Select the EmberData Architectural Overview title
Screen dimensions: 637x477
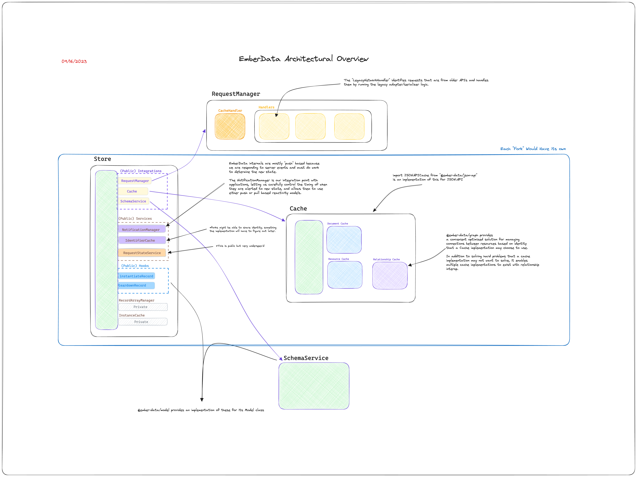[x=303, y=59]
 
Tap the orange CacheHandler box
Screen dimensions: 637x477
[x=230, y=126]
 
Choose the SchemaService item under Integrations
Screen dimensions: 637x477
[x=133, y=201]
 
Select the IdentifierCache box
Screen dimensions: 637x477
[x=142, y=240]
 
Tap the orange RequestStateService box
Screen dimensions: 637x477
[x=142, y=253]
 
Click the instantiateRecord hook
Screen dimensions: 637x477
[x=137, y=276]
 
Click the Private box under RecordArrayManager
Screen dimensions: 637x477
[x=143, y=307]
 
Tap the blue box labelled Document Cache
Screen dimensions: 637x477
[x=344, y=240]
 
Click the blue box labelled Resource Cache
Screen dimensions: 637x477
[x=345, y=275]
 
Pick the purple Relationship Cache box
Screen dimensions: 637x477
[x=390, y=276]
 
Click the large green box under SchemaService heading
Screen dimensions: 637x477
[x=314, y=386]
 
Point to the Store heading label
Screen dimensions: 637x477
[x=102, y=159]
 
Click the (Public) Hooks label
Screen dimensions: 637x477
[x=135, y=266]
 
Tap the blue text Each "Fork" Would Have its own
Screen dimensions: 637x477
[x=533, y=149]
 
